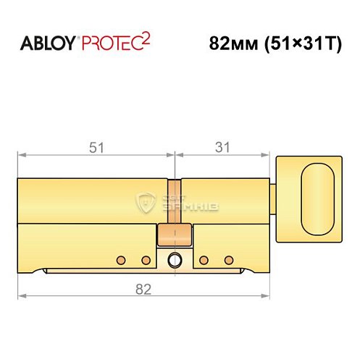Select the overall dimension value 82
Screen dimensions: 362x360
pos(143,290)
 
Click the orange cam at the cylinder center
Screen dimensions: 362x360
pos(174,233)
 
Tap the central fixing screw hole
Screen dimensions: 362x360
pos(174,260)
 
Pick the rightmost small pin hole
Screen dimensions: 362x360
pos(229,259)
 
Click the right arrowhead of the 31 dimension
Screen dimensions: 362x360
pos(269,154)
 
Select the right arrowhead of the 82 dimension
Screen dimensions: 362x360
pos(269,297)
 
